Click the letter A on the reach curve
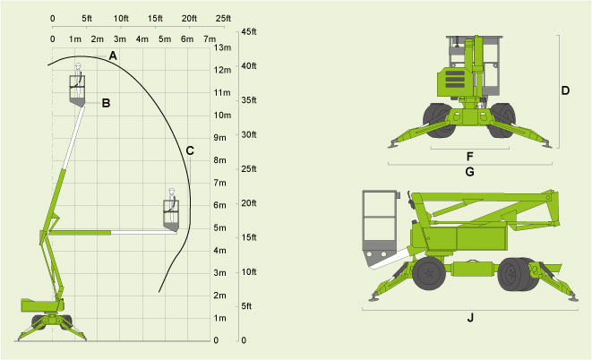point(113,56)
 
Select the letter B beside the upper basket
point(106,103)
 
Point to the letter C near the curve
point(190,150)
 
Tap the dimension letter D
point(566,90)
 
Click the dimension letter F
point(469,155)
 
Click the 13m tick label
point(223,47)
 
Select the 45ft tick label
point(249,31)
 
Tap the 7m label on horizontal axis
point(210,39)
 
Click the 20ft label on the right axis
point(249,203)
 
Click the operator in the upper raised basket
point(79,79)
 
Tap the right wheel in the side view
point(514,274)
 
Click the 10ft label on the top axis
point(122,18)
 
